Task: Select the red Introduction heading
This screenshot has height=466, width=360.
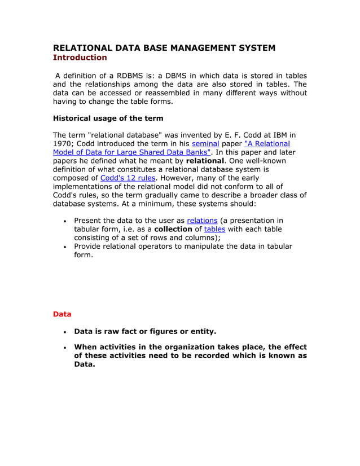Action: pos(80,58)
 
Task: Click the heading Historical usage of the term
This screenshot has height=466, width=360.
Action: pos(108,118)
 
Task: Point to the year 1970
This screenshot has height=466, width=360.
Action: pos(63,144)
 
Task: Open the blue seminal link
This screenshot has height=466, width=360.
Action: pos(205,144)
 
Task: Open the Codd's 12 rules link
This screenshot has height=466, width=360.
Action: pos(127,178)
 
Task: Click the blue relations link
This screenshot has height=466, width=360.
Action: pos(202,220)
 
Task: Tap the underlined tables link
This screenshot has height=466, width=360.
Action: pos(214,229)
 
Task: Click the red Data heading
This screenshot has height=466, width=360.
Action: pos(62,314)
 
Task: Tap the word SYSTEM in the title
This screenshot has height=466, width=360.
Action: pos(257,48)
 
